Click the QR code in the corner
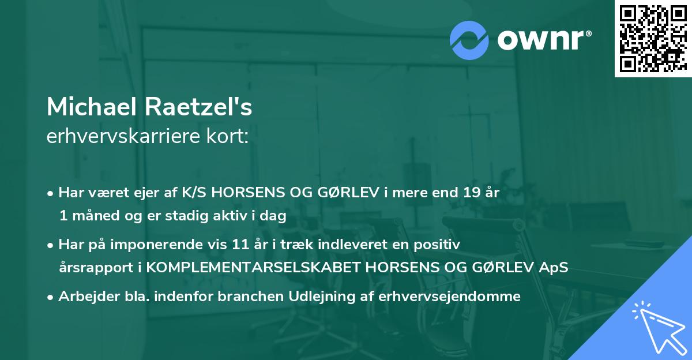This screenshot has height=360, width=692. pyautogui.click(x=653, y=38)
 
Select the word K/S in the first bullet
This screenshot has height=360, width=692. pyautogui.click(x=195, y=193)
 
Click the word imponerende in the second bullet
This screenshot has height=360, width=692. pyautogui.click(x=175, y=245)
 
